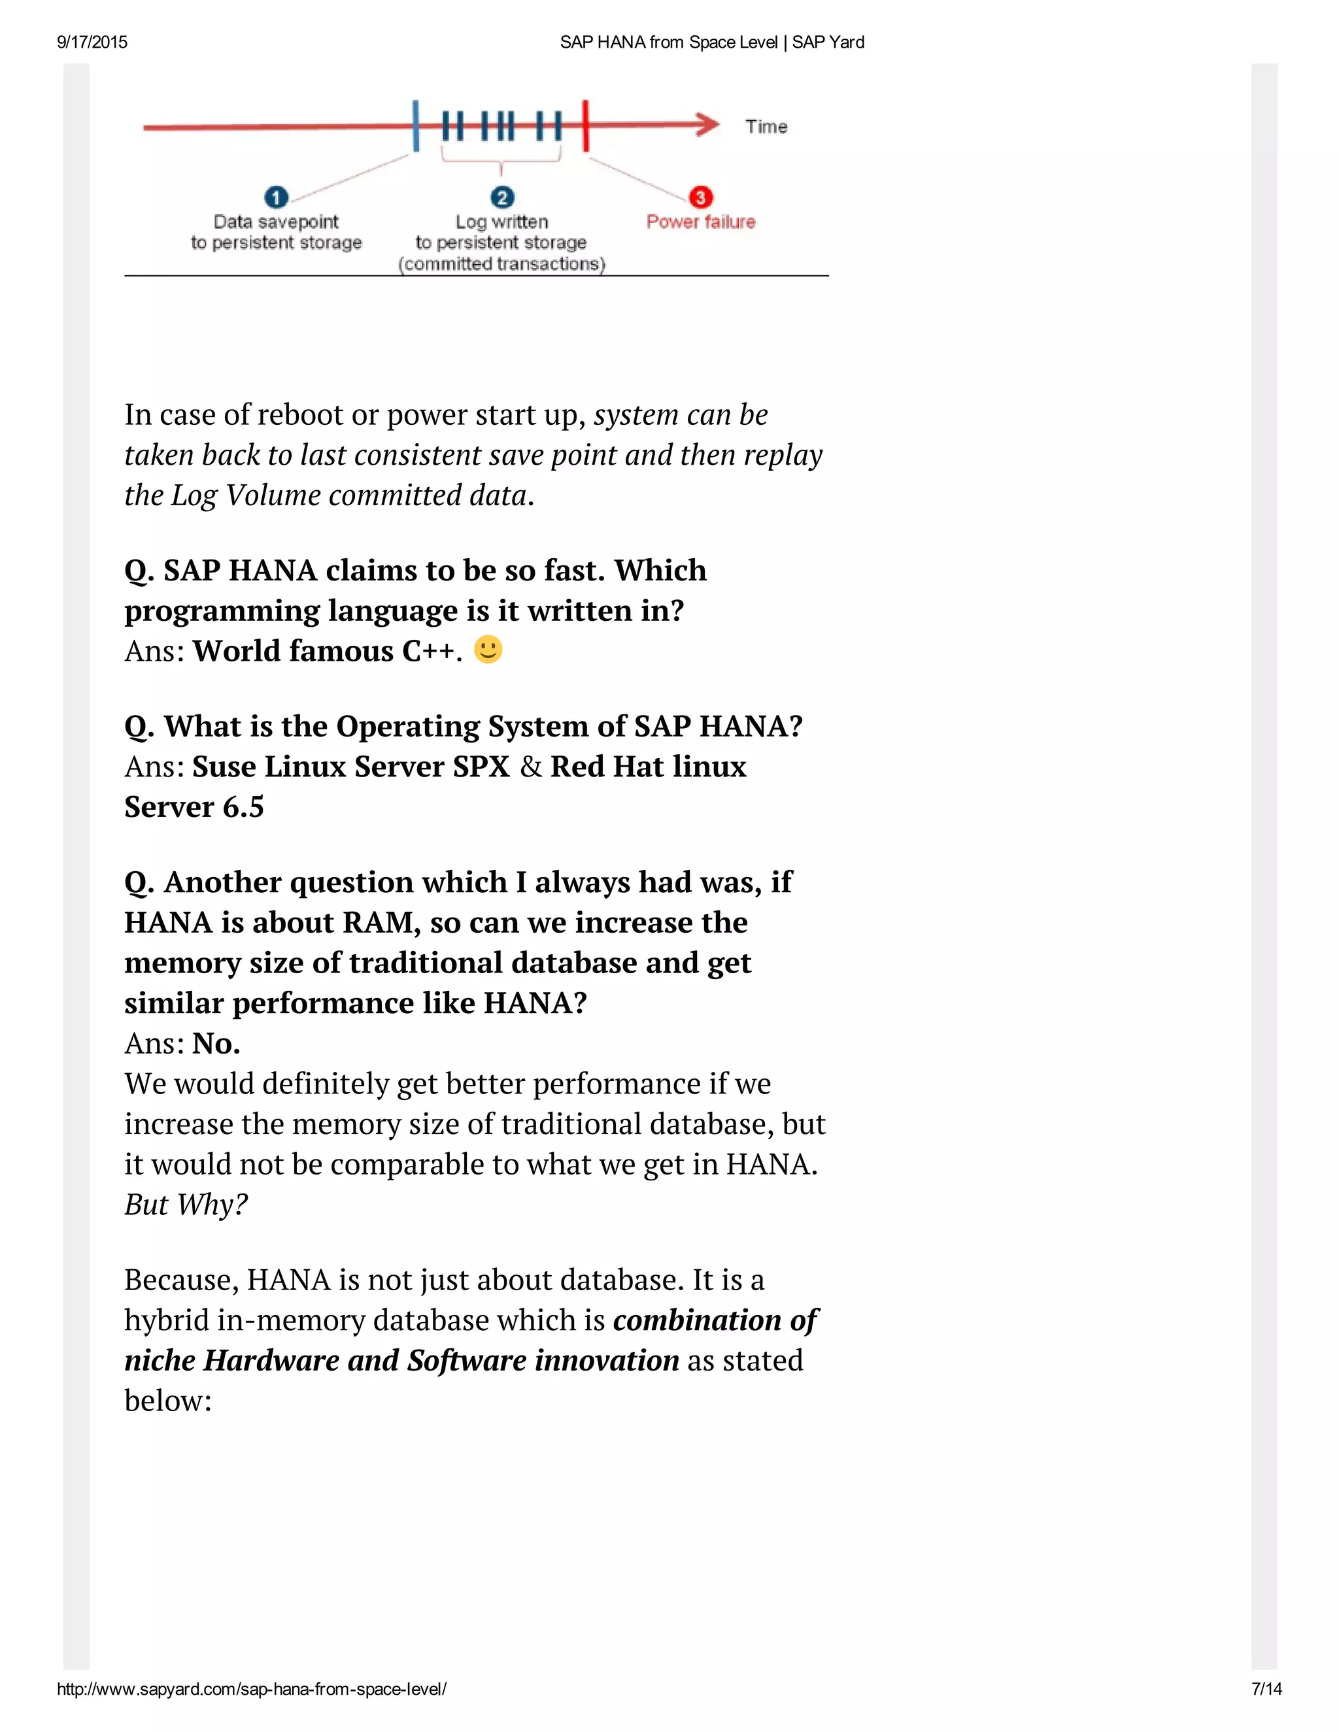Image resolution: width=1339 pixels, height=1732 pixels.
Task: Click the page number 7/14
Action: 1266,1689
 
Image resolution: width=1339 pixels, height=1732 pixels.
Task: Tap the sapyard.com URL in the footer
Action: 252,1689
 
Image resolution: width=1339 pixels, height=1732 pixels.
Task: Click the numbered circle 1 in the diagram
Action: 276,197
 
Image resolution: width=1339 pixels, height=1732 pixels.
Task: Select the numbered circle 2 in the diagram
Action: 502,197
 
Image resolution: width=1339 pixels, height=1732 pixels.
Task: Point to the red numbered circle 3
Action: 700,197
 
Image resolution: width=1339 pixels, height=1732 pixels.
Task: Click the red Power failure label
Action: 700,222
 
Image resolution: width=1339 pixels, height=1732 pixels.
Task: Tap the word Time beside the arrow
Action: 766,127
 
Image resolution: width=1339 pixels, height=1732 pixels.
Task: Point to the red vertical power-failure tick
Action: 585,125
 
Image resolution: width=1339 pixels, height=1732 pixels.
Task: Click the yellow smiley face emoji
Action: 488,650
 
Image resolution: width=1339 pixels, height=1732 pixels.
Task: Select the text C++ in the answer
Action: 428,651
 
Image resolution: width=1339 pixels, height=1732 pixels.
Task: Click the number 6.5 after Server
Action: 243,807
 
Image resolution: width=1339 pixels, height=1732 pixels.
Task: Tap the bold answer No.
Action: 216,1044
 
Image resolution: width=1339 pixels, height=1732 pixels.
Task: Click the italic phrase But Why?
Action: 186,1205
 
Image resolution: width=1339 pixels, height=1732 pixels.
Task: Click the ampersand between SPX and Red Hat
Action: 531,767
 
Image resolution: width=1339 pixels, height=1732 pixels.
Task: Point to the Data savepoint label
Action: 275,222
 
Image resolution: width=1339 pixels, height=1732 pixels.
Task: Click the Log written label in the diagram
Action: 501,222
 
